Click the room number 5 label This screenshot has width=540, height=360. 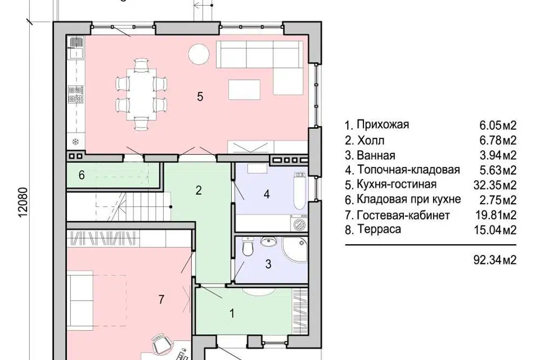pyautogui.click(x=200, y=96)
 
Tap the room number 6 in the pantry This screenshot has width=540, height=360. pyautogui.click(x=82, y=175)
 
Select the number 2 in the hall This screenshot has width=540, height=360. pyautogui.click(x=198, y=190)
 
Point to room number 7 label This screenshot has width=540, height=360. pyautogui.click(x=161, y=300)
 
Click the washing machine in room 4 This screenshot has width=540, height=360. pyautogui.click(x=298, y=223)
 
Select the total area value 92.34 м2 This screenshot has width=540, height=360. pyautogui.click(x=496, y=259)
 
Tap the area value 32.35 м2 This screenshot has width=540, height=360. pyautogui.click(x=496, y=184)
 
